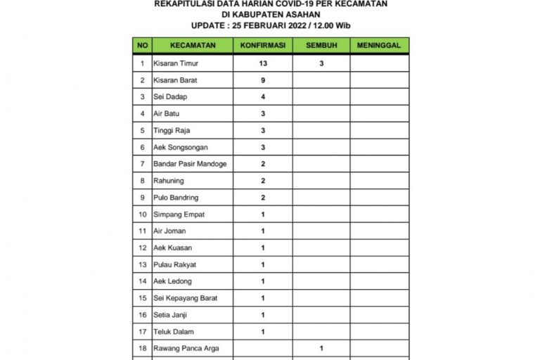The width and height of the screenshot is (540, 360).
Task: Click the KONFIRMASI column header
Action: click(262, 45)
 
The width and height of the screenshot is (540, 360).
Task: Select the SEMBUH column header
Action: click(321, 45)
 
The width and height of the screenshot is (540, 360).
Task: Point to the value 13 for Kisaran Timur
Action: click(262, 63)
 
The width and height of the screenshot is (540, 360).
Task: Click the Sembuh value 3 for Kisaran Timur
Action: click(321, 63)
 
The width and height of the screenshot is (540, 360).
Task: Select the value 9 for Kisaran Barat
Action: click(262, 80)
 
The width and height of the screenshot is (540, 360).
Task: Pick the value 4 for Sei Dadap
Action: click(262, 97)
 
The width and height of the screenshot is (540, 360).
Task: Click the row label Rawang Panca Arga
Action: click(182, 348)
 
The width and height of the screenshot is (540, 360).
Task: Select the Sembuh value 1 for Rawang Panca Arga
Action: click(321, 348)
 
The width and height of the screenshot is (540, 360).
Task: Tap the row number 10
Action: click(142, 214)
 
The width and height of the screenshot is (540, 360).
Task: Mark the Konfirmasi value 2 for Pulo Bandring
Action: click(262, 198)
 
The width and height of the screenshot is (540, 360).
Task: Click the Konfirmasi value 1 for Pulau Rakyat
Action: click(262, 264)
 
